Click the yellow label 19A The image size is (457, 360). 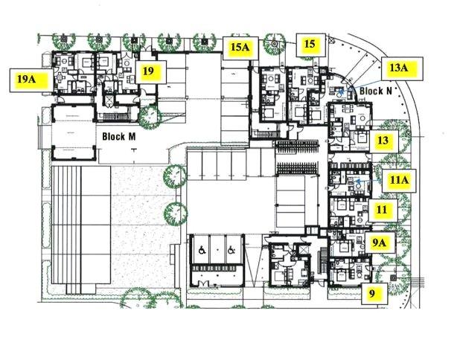(x=31, y=80)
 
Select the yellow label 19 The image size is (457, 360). (x=150, y=72)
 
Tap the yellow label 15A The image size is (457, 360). (x=240, y=48)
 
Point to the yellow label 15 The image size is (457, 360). (x=311, y=45)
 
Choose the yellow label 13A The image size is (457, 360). (x=401, y=68)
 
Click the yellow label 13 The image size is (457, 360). (x=384, y=141)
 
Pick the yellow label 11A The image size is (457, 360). (x=399, y=181)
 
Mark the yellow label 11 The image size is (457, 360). (x=383, y=210)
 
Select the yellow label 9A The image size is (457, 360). (x=380, y=242)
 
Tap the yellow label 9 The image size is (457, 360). (x=374, y=294)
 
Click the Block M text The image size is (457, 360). (x=119, y=136)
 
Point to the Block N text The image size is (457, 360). (x=376, y=91)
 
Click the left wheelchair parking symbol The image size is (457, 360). (x=202, y=250)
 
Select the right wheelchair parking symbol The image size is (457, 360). (x=231, y=250)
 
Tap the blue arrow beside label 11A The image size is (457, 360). (x=369, y=181)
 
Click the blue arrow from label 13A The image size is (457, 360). (x=362, y=86)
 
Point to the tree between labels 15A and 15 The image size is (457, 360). (x=275, y=45)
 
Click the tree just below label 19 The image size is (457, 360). (x=150, y=117)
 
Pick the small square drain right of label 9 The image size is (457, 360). (x=394, y=277)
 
